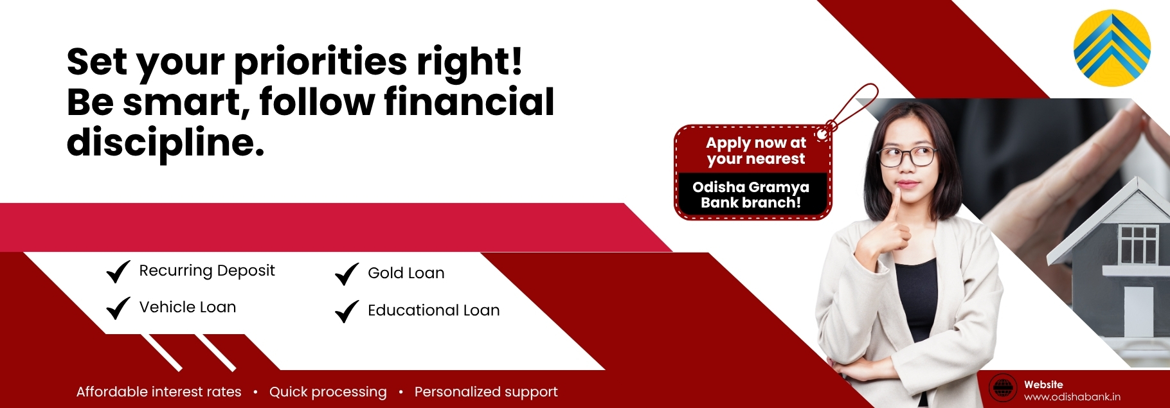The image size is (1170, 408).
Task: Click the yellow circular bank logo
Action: point(1111,48)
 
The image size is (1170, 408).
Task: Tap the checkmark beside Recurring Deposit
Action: point(118,271)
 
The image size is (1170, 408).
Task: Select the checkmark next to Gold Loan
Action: point(347,274)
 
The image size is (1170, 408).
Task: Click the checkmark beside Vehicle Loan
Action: point(118,308)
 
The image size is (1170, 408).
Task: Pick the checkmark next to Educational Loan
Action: point(347,311)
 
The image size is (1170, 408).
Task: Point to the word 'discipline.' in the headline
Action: point(165,143)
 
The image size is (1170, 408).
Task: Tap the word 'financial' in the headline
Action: point(469,102)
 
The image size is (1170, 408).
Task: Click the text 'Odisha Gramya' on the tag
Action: point(751,188)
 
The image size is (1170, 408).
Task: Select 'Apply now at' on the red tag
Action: point(756,143)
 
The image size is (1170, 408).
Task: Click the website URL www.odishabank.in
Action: point(1072,397)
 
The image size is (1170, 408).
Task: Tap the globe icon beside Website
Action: point(1002,388)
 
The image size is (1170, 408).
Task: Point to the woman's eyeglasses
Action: point(907,155)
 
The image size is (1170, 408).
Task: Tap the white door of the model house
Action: point(1138,312)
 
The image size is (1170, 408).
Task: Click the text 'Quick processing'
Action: point(328,392)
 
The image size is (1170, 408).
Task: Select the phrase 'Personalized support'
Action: point(486,392)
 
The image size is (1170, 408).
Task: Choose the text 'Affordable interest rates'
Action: point(159,392)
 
